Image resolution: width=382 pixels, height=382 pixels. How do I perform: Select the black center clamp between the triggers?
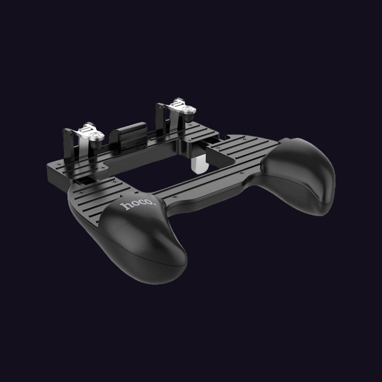pyautogui.click(x=128, y=135)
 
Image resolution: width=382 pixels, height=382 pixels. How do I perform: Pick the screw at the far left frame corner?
pyautogui.click(x=58, y=164)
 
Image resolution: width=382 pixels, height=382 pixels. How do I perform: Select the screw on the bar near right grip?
pyautogui.click(x=242, y=173)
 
